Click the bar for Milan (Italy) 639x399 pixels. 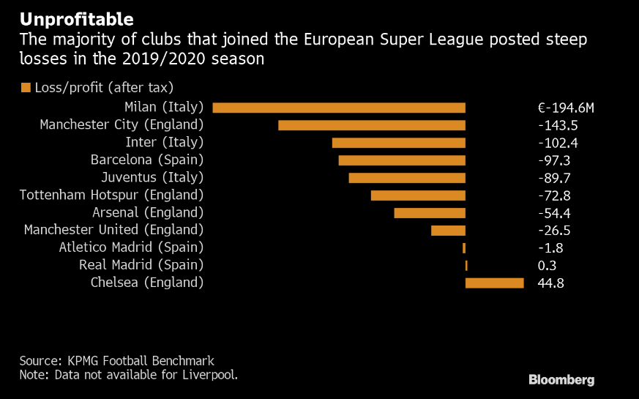[x=339, y=108]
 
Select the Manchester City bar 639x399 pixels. [x=372, y=125]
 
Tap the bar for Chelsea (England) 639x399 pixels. [x=495, y=283]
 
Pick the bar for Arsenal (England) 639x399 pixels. [x=430, y=213]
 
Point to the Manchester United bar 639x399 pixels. [x=448, y=231]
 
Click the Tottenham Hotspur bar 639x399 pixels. [x=418, y=195]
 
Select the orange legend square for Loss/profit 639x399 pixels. [x=26, y=88]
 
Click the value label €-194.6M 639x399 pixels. [x=565, y=108]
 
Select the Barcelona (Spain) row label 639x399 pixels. [x=146, y=160]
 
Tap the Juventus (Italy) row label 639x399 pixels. [x=152, y=177]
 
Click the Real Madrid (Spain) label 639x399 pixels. [x=141, y=265]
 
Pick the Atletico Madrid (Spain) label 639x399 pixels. [x=131, y=247]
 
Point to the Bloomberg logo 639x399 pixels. [x=561, y=380]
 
